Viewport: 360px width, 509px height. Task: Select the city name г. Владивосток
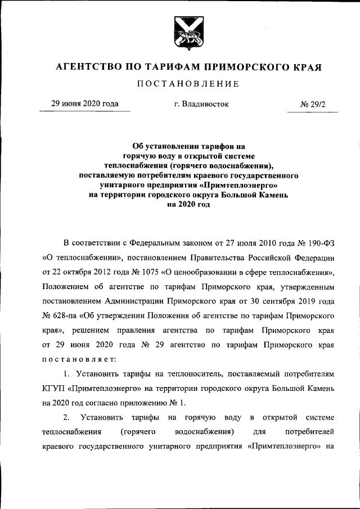point(201,105)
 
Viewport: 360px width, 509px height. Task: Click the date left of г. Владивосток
point(85,104)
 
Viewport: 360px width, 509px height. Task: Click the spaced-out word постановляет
point(79,358)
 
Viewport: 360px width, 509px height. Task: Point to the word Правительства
point(237,258)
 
